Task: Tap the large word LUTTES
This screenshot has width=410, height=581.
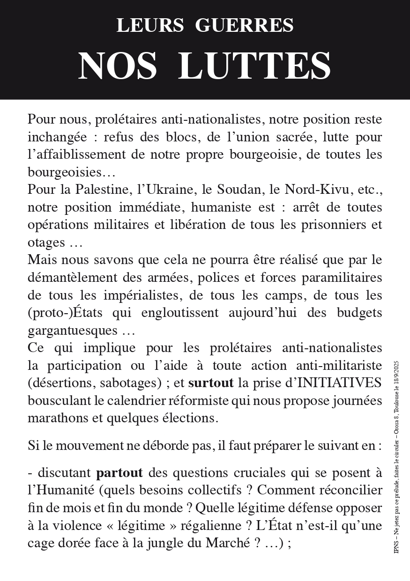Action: (x=255, y=66)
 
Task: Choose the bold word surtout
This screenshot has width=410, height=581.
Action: (x=210, y=383)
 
